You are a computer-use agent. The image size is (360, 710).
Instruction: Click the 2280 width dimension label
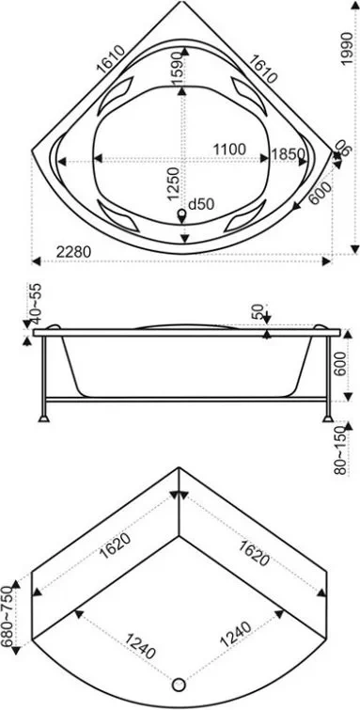(x=74, y=252)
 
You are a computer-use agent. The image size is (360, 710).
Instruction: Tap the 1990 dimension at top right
(x=347, y=49)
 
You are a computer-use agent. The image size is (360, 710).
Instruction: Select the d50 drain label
(x=200, y=205)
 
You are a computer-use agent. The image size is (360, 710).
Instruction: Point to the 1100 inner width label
(x=229, y=149)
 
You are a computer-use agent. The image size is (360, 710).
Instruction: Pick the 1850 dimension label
(x=288, y=154)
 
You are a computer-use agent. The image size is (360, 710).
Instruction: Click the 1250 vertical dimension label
(x=174, y=183)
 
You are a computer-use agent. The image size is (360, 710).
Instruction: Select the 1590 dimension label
(x=178, y=68)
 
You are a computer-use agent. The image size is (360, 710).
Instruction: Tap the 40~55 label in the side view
(x=35, y=300)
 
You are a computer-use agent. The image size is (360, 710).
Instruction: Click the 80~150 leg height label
(x=341, y=450)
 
